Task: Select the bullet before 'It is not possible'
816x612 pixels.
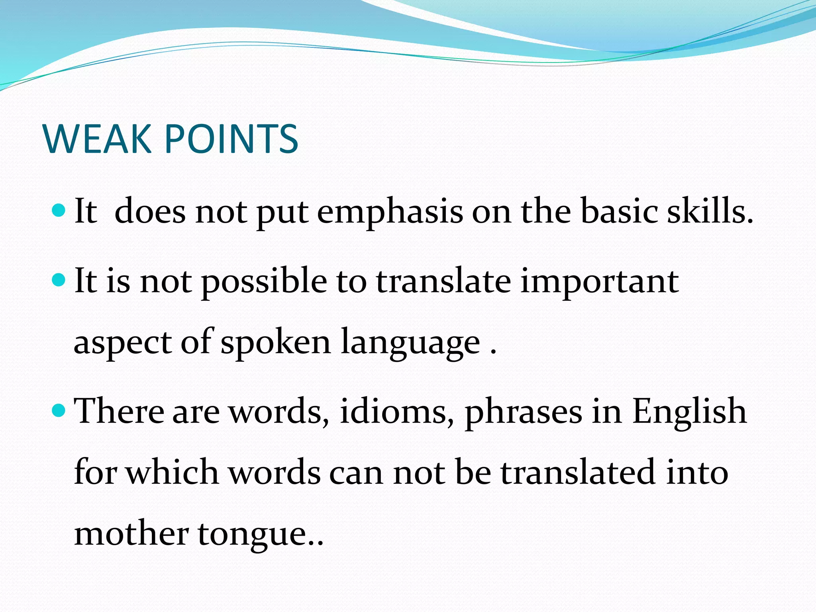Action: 59,280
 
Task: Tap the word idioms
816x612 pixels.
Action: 397,411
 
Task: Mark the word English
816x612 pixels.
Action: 689,412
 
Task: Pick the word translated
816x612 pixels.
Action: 578,473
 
